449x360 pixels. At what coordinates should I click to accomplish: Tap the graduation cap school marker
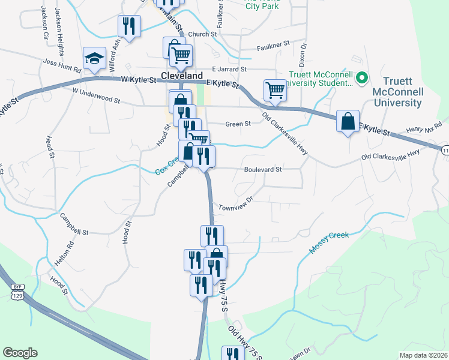95,59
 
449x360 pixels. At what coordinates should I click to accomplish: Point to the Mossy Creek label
328,242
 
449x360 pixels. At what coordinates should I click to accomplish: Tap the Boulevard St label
263,170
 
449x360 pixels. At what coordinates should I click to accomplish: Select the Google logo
20,353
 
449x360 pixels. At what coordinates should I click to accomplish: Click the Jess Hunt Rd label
62,65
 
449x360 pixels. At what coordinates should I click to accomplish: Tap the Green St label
238,124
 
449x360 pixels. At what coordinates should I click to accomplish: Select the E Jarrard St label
229,70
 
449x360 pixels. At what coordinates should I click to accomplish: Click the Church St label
202,35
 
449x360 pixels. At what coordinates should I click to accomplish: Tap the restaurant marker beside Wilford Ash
130,26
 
